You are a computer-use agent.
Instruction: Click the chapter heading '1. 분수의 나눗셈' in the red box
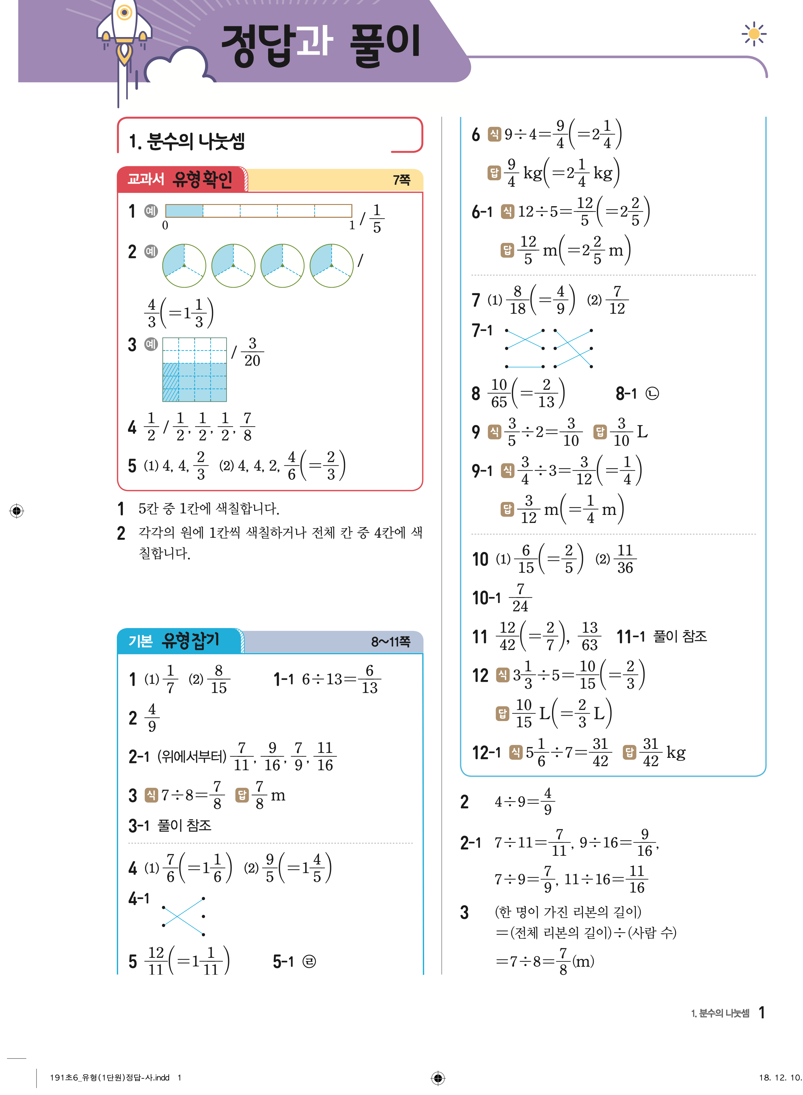(x=187, y=142)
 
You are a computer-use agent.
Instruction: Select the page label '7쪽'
(x=401, y=180)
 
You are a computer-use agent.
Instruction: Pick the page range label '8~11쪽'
(x=390, y=642)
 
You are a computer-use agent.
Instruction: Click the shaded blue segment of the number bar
(x=184, y=210)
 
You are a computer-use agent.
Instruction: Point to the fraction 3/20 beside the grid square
(x=252, y=352)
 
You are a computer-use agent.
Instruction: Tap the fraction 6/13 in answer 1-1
(x=369, y=679)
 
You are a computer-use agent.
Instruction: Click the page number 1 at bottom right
(x=762, y=1012)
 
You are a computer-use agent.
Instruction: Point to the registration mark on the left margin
(x=17, y=511)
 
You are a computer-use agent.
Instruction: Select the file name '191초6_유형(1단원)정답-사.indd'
(x=110, y=1077)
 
